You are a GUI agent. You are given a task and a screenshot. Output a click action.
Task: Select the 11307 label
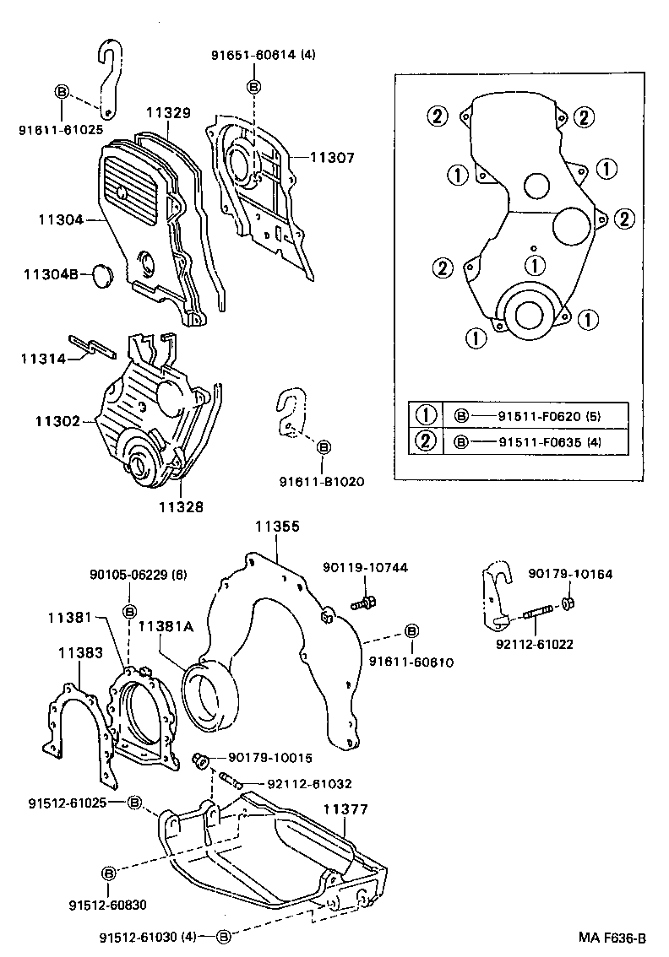pos(332,157)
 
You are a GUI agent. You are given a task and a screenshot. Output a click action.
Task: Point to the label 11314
pos(43,359)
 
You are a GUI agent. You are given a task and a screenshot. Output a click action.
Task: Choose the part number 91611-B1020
pos(322,482)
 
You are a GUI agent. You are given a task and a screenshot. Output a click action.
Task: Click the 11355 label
pos(277,527)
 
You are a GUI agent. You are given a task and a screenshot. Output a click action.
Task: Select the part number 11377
pos(345,809)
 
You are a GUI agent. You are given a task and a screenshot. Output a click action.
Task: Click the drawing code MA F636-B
pos(612,938)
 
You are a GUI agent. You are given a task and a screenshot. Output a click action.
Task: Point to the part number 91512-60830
pos(108,906)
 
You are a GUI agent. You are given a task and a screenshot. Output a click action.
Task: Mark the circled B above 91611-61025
pos(62,92)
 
